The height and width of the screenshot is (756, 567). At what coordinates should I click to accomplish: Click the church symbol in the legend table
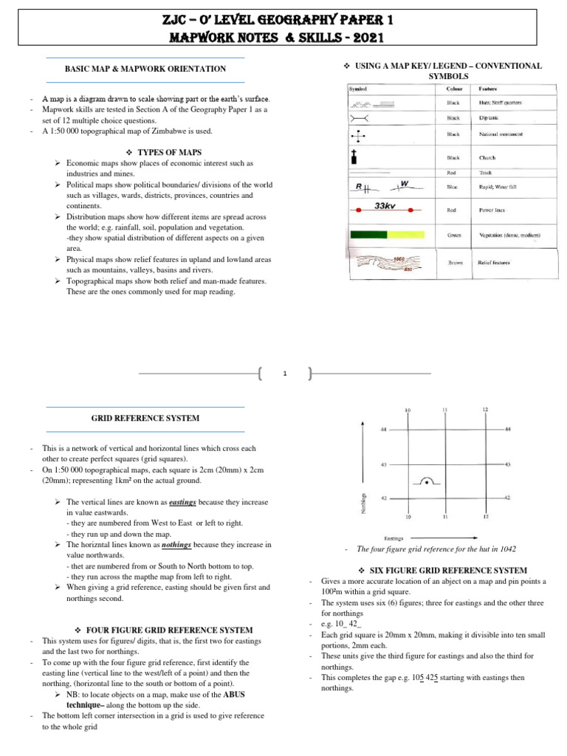pos(355,157)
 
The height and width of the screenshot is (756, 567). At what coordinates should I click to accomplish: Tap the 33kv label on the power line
pos(385,206)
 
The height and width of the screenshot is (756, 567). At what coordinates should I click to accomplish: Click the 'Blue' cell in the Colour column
pos(453,188)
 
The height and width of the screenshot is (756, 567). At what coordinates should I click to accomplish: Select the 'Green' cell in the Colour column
pos(454,236)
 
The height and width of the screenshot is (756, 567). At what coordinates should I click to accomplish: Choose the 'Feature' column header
pos(488,89)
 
